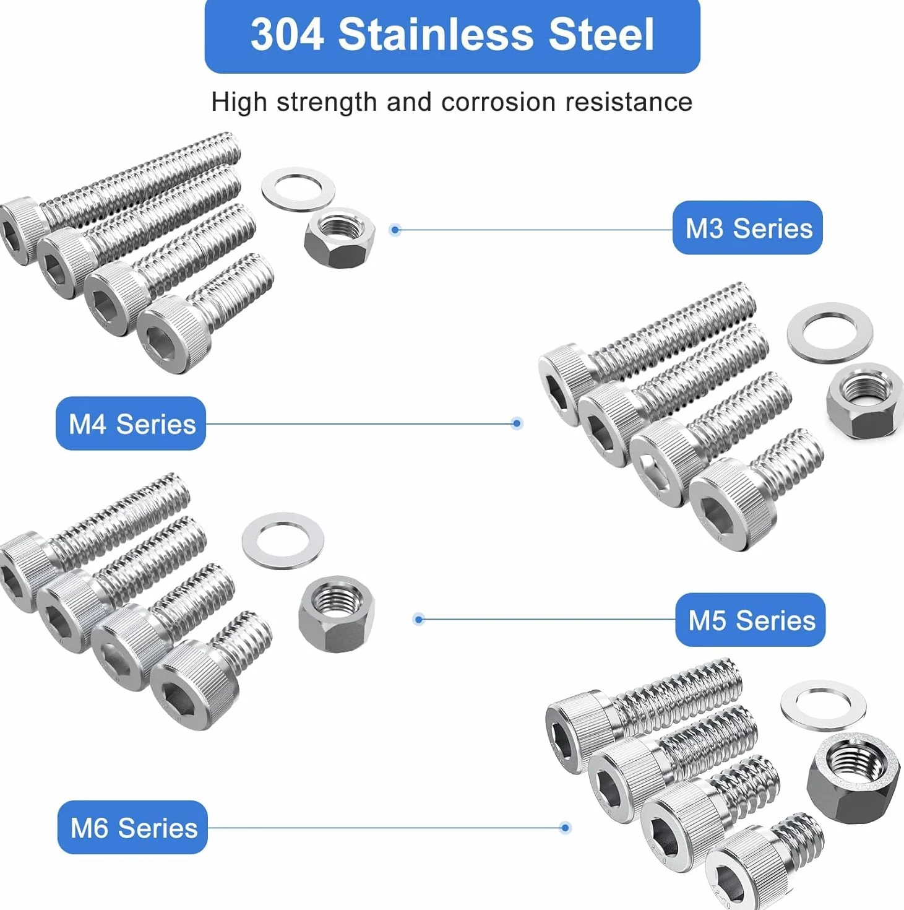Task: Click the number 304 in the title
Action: point(287,34)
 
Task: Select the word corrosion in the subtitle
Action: point(497,102)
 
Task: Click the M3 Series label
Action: point(747,228)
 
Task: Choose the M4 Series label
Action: point(131,423)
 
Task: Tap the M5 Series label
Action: point(750,620)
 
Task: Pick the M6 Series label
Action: point(132,828)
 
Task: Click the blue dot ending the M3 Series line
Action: point(395,230)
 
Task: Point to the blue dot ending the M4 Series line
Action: point(517,423)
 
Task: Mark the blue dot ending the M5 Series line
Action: point(419,619)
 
